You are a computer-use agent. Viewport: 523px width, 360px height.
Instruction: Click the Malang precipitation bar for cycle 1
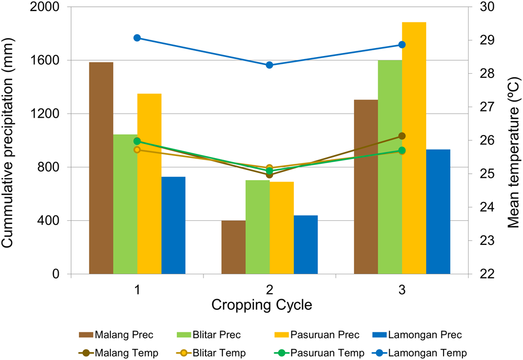pyautogui.click(x=101, y=168)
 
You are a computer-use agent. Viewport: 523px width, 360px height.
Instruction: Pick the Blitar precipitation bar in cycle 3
pyautogui.click(x=390, y=167)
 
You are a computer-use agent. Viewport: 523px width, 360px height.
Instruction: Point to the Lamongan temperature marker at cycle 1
pyautogui.click(x=137, y=38)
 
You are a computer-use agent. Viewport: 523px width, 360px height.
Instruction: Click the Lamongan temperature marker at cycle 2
pyautogui.click(x=269, y=65)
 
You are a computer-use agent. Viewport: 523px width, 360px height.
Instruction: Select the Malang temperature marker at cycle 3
pyautogui.click(x=402, y=136)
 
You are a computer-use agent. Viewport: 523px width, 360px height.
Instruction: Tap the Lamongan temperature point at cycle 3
pyautogui.click(x=402, y=44)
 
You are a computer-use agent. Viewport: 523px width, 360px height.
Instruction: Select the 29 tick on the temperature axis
pyautogui.click(x=479, y=41)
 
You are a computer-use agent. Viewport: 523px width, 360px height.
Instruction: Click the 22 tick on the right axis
pyautogui.click(x=479, y=274)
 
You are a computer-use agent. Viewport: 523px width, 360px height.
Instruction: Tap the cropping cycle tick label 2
pyautogui.click(x=269, y=290)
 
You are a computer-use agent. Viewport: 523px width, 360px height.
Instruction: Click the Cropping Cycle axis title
pyautogui.click(x=269, y=305)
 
